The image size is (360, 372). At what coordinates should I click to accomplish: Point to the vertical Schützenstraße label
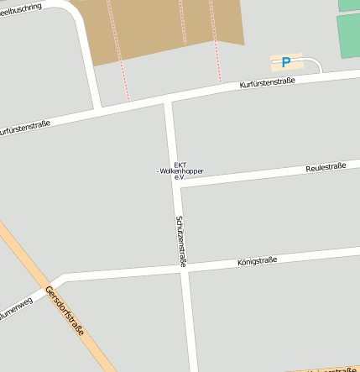180,242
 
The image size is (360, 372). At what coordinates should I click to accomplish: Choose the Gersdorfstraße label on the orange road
65,312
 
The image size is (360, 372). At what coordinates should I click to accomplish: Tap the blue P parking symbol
286,62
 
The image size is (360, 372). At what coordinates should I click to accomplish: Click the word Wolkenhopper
182,171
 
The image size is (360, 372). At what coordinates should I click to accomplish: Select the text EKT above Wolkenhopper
180,165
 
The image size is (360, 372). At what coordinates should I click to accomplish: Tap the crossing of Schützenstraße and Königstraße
184,270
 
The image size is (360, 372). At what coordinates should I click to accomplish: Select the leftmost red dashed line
118,50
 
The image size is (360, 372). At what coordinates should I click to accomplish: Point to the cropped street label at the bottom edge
331,369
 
